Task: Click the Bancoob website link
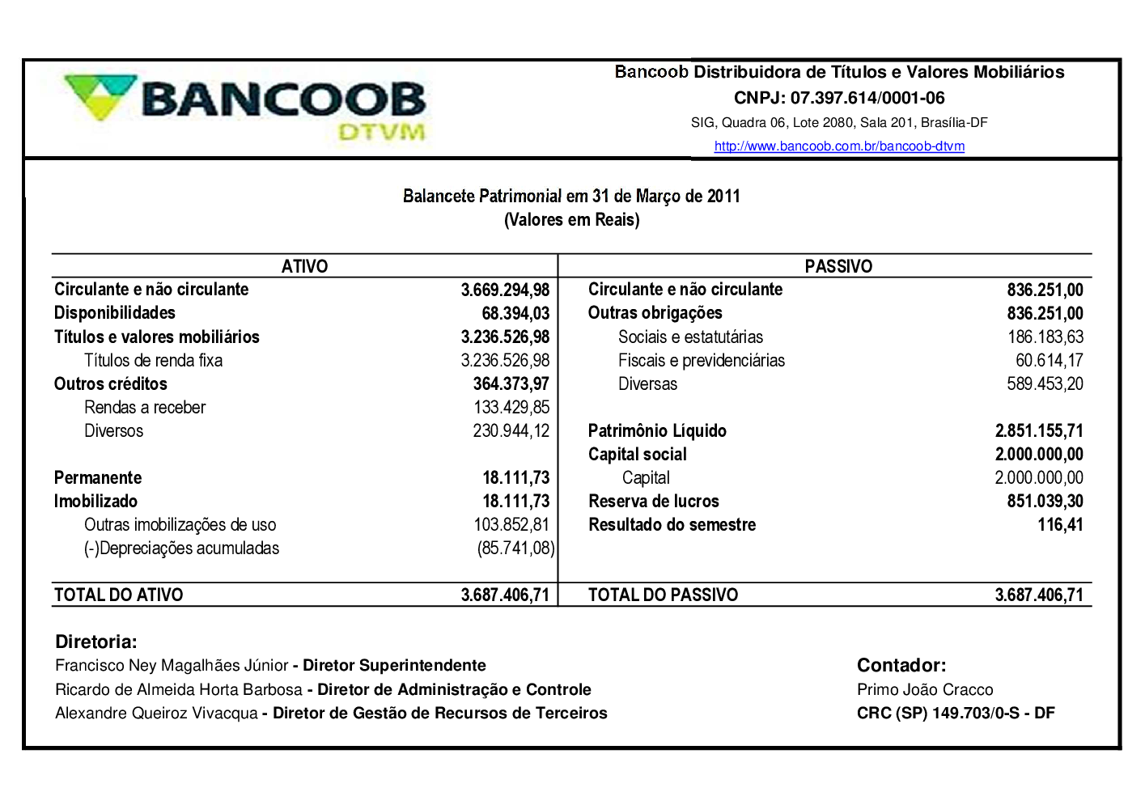[839, 146]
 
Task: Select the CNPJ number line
[839, 98]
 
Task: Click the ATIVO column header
[304, 266]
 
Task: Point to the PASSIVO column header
[838, 266]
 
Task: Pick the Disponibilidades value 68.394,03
[515, 313]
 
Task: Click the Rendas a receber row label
[145, 408]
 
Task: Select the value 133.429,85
[511, 408]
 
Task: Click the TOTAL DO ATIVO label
[118, 595]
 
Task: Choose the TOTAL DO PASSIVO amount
[1039, 595]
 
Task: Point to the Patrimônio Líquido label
[657, 431]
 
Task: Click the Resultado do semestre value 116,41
[1060, 525]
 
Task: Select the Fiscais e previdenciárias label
[702, 361]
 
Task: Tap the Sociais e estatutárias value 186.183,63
[1045, 337]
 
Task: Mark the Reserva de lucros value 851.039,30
[1045, 502]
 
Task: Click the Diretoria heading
[95, 642]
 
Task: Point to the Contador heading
[901, 666]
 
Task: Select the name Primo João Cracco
[925, 690]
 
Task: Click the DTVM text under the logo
[381, 132]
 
